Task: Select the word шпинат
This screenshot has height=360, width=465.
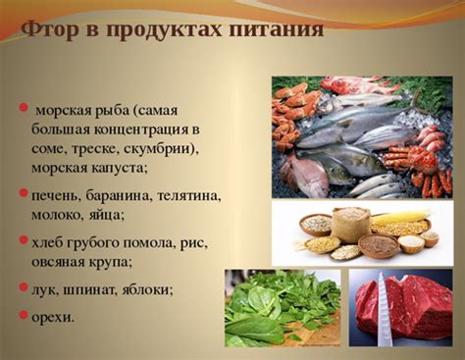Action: coord(92,290)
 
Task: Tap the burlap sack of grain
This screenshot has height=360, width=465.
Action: coord(348,225)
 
